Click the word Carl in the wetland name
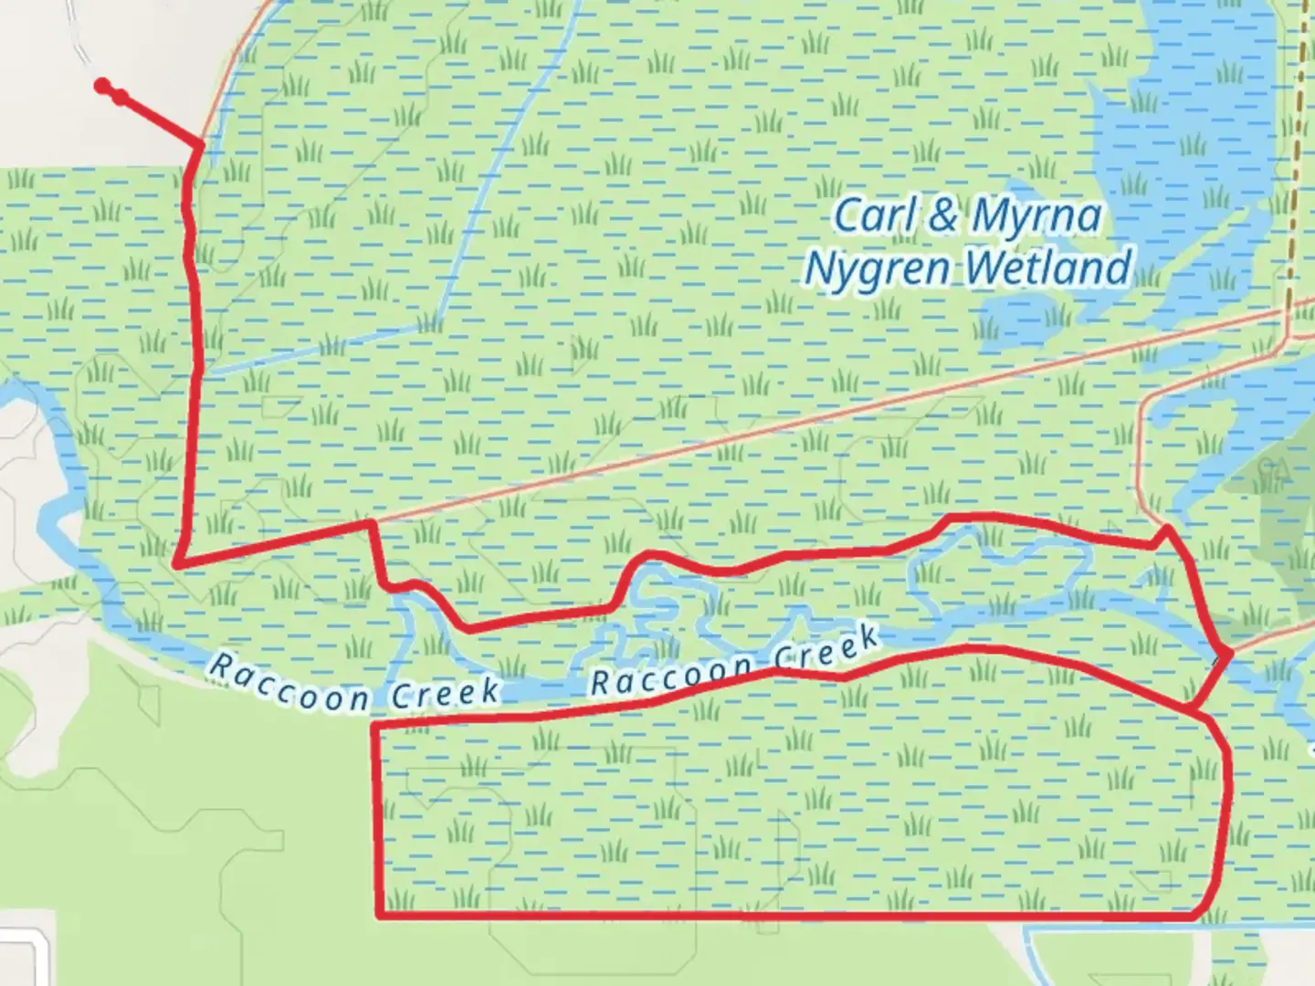click(874, 215)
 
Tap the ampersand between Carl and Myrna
click(942, 215)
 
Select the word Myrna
click(1036, 217)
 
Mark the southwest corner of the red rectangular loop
click(379, 914)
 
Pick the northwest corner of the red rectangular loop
click(374, 724)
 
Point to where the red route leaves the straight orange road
click(371, 523)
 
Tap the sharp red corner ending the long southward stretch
click(177, 565)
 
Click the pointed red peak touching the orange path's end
click(1166, 528)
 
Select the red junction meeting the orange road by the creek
click(1229, 654)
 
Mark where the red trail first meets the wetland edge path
click(200, 145)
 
